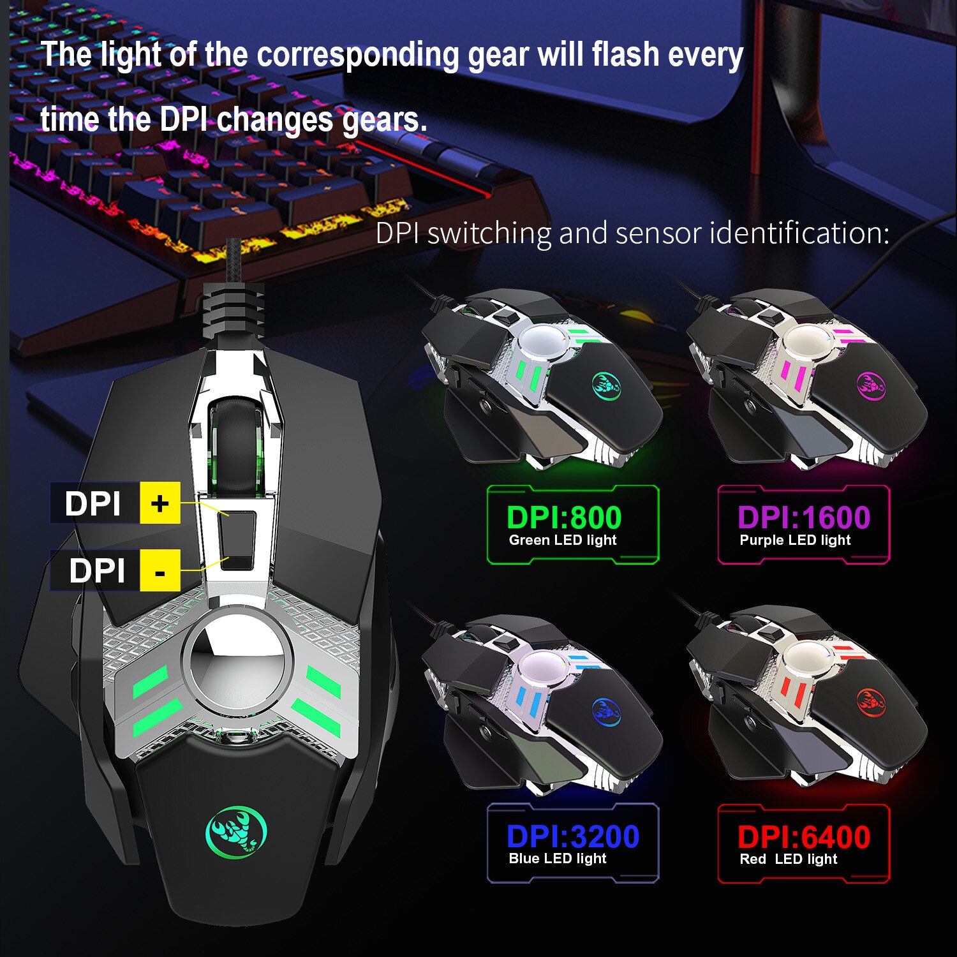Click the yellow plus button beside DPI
coord(160,503)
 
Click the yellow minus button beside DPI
coord(160,570)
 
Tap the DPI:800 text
coord(564,517)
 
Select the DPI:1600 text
coord(804,517)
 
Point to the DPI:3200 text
coord(573,836)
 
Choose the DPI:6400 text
coord(804,836)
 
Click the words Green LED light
coord(563,540)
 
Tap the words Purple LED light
coord(795,540)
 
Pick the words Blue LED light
coord(558,859)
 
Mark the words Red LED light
coord(789,859)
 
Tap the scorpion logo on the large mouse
coord(236,831)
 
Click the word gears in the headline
coord(384,121)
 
